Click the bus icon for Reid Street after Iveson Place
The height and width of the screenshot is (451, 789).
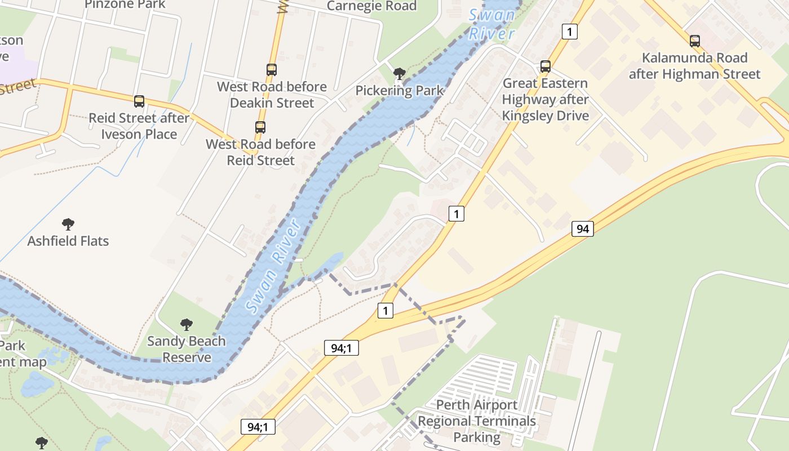[139, 101]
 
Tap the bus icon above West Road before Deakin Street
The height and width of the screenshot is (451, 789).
[272, 70]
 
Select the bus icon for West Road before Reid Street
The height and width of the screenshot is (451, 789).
[260, 127]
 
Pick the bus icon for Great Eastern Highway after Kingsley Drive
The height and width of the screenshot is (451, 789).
[546, 67]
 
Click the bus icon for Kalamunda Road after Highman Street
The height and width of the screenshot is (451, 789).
[695, 41]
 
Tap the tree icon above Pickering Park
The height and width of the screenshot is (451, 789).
[400, 73]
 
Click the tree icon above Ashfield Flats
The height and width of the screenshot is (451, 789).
[68, 224]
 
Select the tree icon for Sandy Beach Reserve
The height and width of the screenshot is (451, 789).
[187, 325]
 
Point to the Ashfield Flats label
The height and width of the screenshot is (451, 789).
[68, 241]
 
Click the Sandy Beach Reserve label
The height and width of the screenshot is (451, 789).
[187, 349]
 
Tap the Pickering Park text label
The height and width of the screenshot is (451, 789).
[400, 90]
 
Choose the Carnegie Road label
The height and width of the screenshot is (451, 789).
[372, 6]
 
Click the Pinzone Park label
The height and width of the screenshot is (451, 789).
[125, 5]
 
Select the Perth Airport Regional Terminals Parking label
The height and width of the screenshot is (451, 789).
[477, 421]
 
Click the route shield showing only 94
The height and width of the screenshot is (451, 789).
[583, 228]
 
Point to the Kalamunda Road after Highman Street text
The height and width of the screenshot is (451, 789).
[695, 66]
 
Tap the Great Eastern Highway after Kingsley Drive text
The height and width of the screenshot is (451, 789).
[546, 99]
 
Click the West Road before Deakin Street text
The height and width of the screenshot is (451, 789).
[272, 95]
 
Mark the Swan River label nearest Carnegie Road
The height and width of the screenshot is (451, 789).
[493, 24]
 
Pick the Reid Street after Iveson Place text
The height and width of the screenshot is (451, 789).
[139, 126]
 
